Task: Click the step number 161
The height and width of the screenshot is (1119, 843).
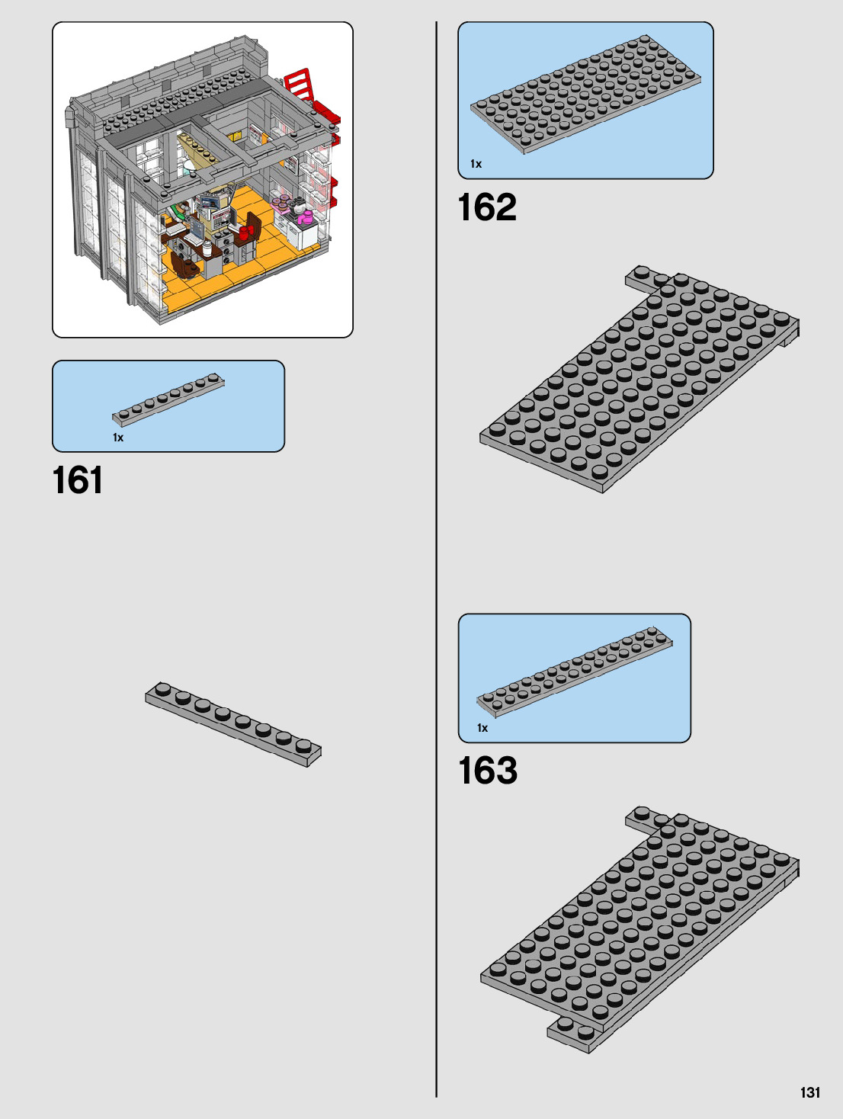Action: tap(78, 481)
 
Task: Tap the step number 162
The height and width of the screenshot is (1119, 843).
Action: tap(487, 207)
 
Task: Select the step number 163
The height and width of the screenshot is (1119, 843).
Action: tap(488, 771)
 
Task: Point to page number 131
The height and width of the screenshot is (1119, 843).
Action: tap(810, 1092)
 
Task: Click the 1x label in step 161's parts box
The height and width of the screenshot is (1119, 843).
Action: tap(118, 438)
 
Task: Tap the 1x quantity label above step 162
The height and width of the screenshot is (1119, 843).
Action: tap(476, 164)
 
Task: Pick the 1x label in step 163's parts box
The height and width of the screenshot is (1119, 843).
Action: tap(482, 728)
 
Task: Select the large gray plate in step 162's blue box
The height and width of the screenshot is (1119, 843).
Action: tap(585, 94)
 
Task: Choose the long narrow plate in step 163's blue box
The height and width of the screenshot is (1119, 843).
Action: tap(575, 671)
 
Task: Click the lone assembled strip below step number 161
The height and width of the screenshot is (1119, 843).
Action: tap(233, 724)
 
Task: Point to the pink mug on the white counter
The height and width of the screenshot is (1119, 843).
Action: tap(307, 219)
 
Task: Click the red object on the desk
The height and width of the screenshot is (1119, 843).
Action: tap(245, 232)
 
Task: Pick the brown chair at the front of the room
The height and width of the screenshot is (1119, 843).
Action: tap(183, 265)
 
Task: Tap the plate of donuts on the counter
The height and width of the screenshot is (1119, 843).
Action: tap(282, 203)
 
